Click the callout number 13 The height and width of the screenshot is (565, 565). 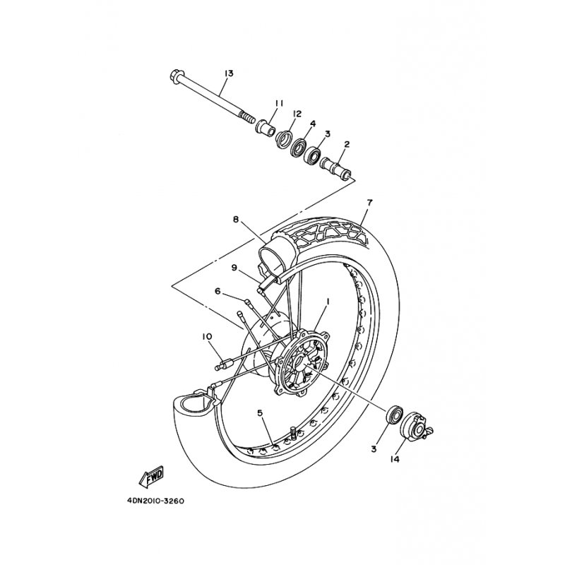[229, 73]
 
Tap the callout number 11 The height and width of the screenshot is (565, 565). [279, 103]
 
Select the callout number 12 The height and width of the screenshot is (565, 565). [297, 114]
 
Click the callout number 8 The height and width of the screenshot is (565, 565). [236, 219]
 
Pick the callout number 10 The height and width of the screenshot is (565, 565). [208, 337]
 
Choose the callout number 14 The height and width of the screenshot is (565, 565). [395, 460]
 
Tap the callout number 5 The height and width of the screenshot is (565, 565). [260, 413]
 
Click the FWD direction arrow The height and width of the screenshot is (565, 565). [151, 477]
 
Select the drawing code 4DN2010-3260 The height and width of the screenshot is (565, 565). [155, 501]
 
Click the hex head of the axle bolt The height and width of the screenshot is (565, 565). [175, 76]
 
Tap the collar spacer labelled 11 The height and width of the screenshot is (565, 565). [266, 127]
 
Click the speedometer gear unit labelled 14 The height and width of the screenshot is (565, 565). [416, 427]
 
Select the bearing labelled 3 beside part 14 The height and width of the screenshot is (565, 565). [394, 415]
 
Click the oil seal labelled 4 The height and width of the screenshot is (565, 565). [299, 147]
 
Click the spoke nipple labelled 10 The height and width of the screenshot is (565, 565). [222, 364]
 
